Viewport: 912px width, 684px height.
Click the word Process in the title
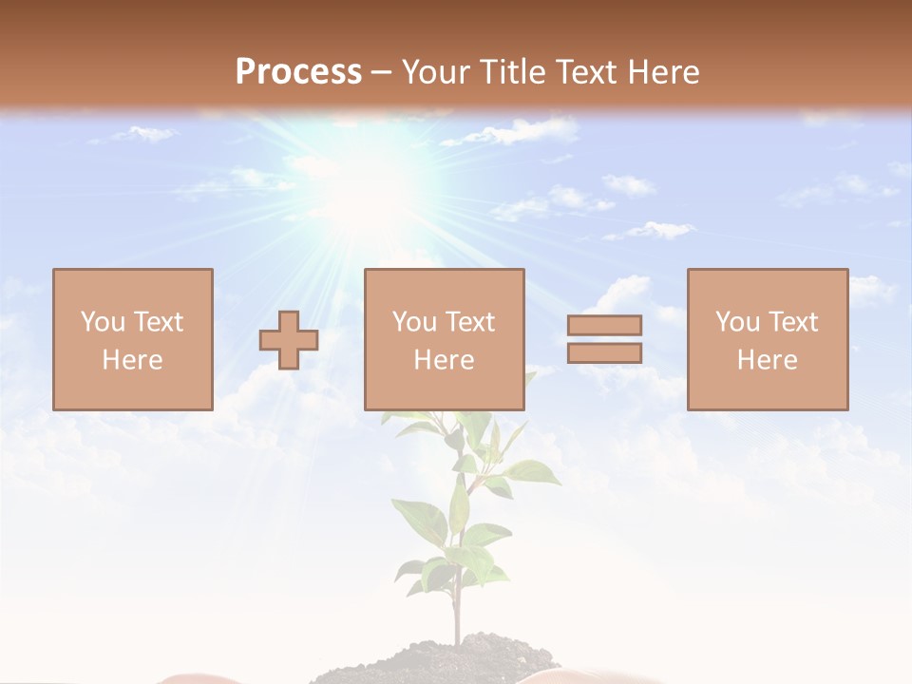click(298, 72)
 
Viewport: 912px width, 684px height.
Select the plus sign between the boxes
click(289, 339)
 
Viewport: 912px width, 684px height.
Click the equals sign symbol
click(604, 339)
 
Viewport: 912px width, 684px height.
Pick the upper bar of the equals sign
click(604, 325)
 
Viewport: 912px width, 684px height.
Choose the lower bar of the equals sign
click(604, 353)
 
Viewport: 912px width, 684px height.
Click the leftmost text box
click(133, 339)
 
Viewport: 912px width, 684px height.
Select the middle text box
click(444, 339)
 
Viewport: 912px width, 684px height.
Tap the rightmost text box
click(768, 339)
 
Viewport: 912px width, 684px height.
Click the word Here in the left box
click(133, 360)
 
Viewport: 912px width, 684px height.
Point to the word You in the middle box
click(414, 322)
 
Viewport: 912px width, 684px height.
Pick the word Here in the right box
click(768, 360)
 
